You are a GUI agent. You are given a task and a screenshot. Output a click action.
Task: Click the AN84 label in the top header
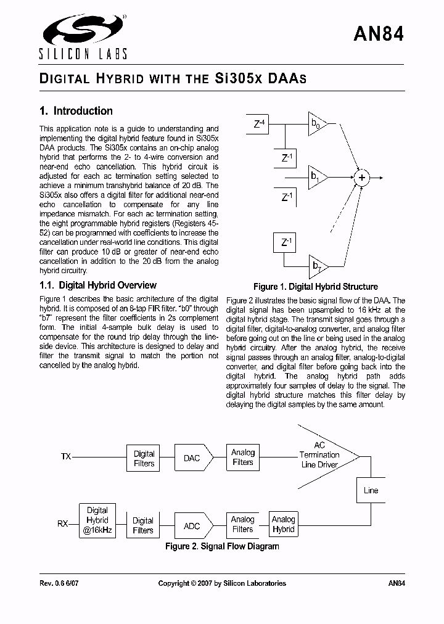tap(379, 35)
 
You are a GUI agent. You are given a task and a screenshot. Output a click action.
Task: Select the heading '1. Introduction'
tap(76, 111)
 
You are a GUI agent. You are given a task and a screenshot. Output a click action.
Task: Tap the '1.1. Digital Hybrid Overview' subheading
tap(97, 285)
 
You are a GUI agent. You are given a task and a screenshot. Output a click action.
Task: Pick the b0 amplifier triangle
tap(318, 125)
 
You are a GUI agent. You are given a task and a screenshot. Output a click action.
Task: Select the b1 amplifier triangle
tap(318, 178)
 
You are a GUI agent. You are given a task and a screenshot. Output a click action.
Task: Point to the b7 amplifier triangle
tap(318, 266)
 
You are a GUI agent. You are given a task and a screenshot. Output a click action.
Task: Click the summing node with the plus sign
tap(362, 178)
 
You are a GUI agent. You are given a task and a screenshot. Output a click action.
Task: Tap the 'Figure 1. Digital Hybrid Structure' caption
tap(315, 287)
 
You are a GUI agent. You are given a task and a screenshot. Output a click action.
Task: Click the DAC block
tap(192, 458)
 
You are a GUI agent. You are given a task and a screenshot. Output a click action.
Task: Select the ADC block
tap(192, 526)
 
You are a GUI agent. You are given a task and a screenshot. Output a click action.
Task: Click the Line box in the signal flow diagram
tap(371, 490)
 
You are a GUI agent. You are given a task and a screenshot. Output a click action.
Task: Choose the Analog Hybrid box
tap(283, 524)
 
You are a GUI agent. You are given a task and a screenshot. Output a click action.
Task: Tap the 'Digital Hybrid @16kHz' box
tap(97, 520)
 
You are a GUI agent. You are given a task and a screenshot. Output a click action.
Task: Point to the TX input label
tap(65, 457)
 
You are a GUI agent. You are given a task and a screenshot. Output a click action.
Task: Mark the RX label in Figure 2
tap(63, 523)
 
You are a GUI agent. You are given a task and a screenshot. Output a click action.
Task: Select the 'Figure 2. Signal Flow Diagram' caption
tap(221, 546)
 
